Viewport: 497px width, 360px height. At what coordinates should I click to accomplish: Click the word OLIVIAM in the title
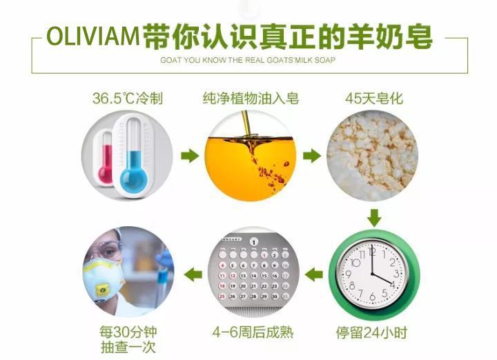(x=93, y=36)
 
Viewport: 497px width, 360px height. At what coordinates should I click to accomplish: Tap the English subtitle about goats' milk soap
(x=248, y=60)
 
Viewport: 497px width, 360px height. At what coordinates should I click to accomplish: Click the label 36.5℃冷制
(x=128, y=98)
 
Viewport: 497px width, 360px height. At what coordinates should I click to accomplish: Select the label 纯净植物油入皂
(x=251, y=98)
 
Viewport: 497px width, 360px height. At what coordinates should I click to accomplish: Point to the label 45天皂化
(x=374, y=98)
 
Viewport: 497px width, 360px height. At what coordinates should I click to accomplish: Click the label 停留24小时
(x=371, y=333)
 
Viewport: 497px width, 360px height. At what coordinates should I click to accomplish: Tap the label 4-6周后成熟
(x=253, y=332)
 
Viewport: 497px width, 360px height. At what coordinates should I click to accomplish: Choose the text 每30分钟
(x=128, y=332)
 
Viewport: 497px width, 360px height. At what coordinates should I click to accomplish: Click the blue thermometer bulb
(x=134, y=179)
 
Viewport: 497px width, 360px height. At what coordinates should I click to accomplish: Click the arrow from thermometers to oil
(x=190, y=155)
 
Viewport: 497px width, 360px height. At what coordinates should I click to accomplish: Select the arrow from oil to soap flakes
(x=312, y=155)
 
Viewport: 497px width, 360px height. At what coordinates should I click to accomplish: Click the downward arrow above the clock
(x=374, y=217)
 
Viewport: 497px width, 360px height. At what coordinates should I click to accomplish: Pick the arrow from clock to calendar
(x=314, y=274)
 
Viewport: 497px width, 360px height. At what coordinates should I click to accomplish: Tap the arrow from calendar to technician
(x=193, y=274)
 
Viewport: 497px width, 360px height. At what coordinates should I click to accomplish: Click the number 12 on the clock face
(x=372, y=252)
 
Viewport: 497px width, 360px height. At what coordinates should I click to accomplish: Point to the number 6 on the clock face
(x=373, y=297)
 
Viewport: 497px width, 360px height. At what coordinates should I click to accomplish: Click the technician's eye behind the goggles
(x=109, y=252)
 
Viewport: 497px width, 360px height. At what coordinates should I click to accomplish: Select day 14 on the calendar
(x=253, y=276)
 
